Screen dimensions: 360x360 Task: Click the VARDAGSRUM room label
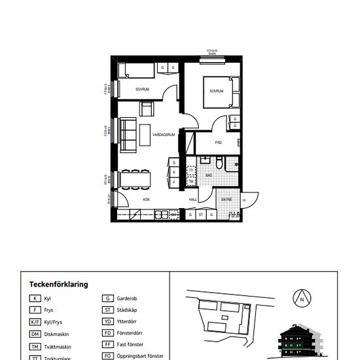[162, 134]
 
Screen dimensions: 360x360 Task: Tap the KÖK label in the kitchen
[147, 199]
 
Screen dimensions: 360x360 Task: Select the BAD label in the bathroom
[209, 175]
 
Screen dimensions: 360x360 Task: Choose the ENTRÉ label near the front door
[226, 199]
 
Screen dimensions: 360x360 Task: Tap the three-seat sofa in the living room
[126, 133]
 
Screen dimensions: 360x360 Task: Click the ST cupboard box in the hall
[202, 214]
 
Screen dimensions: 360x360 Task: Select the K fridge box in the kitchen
[174, 172]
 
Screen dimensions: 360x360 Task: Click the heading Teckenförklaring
[59, 285]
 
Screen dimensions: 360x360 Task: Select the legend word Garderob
[127, 298]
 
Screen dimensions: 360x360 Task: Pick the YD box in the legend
[107, 322]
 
